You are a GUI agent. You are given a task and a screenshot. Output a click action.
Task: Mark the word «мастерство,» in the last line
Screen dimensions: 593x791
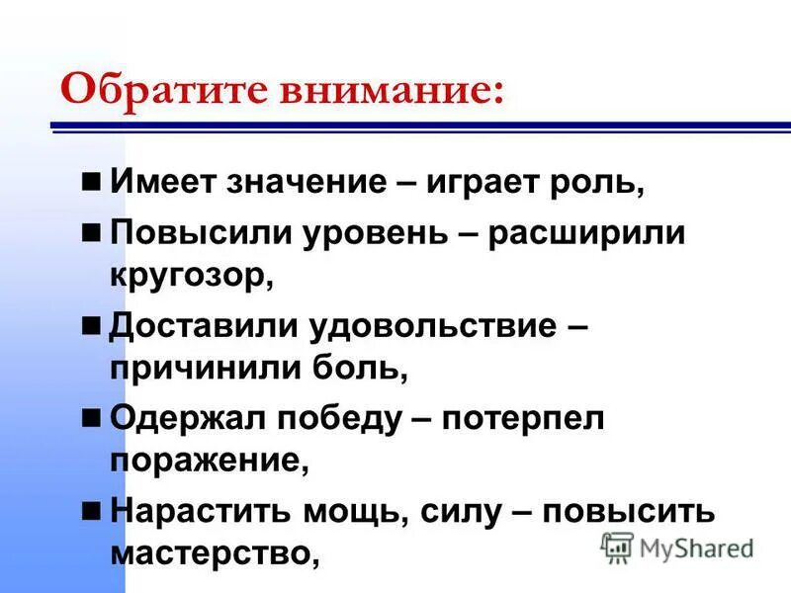point(216,553)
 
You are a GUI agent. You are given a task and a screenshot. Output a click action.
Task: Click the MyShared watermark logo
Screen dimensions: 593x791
point(677,547)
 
